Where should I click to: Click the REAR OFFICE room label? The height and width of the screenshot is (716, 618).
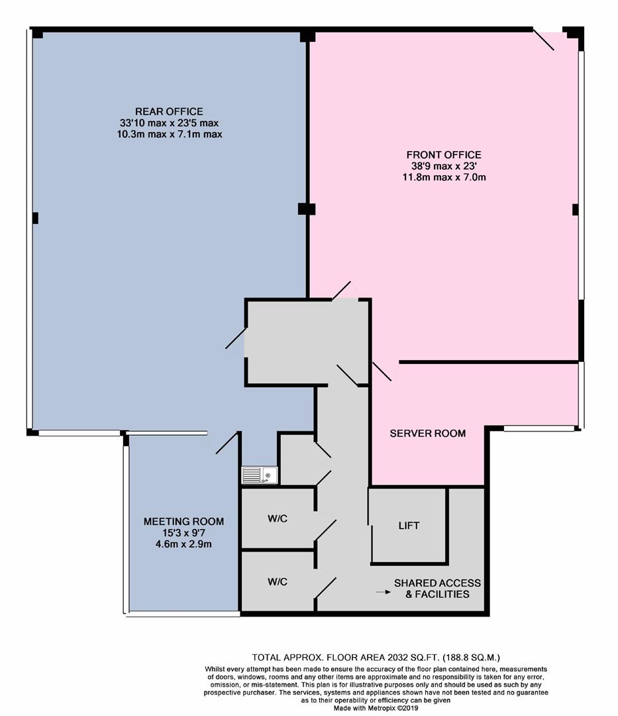[x=169, y=111]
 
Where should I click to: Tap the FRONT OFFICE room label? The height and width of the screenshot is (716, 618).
[x=444, y=154]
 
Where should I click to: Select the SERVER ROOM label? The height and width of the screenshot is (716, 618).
[x=428, y=434]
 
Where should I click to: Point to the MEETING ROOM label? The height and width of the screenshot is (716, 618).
[x=183, y=522]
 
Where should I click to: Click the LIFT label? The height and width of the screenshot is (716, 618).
[x=409, y=526]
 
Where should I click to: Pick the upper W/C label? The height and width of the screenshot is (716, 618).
[x=278, y=518]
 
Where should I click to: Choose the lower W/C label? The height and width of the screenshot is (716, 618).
[x=278, y=582]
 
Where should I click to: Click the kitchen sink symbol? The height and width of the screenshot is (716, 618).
[x=260, y=475]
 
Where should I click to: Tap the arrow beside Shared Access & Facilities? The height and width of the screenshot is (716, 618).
[x=383, y=592]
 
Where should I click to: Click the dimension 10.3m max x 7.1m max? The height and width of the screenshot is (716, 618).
[x=169, y=134]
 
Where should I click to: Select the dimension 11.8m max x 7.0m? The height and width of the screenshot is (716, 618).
[x=444, y=177]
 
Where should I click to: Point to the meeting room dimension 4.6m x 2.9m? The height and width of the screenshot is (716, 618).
[x=183, y=544]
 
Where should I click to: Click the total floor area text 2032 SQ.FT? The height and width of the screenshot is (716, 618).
[x=413, y=658]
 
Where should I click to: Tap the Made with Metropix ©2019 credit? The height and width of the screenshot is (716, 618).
[x=376, y=708]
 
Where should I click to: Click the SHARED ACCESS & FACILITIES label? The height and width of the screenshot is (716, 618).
[x=437, y=589]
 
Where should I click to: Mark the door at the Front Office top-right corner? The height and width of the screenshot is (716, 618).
[x=544, y=40]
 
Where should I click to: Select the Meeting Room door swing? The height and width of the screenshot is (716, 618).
[x=227, y=443]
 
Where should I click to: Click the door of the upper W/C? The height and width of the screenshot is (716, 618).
[x=325, y=530]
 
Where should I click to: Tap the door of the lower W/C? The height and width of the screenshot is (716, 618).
[x=325, y=587]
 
